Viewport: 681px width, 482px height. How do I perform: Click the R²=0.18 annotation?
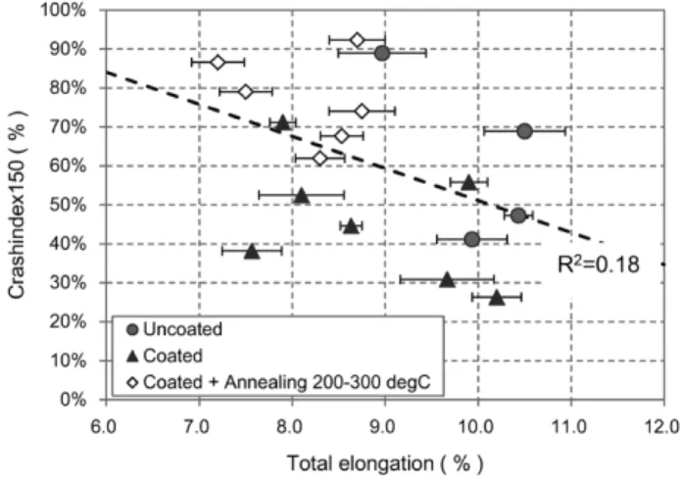coord(599,264)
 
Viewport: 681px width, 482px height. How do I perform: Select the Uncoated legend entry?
coord(174,329)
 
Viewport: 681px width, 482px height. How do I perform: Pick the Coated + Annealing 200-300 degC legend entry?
coord(279,382)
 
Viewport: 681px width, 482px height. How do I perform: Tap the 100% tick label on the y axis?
coord(64,10)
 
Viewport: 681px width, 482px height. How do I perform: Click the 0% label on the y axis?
coord(73,400)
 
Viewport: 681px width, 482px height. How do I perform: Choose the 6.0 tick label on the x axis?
coord(103,427)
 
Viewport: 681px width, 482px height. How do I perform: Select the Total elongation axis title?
coord(385,463)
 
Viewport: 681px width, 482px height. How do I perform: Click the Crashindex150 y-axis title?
coord(18,205)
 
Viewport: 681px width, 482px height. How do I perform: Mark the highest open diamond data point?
coord(357,40)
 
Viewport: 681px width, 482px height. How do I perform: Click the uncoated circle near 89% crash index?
coord(382,54)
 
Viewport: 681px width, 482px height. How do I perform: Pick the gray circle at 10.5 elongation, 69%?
coord(524,131)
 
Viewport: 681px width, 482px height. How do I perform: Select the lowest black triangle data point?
coord(497,298)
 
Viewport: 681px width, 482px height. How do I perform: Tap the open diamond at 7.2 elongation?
coord(218,63)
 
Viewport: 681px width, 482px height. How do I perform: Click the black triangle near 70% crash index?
coord(283,122)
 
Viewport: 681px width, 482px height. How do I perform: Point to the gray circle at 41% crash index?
coord(471,239)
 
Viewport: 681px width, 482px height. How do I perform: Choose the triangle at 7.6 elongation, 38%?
coord(252,251)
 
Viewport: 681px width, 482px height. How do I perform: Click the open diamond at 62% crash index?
coord(320,159)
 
